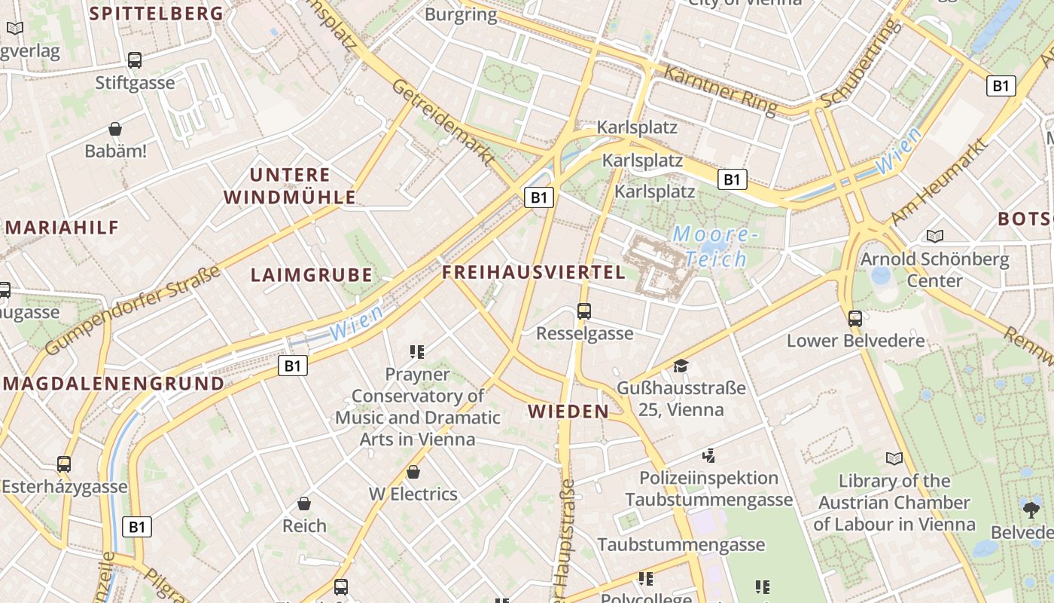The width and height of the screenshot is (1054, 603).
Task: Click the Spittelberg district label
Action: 157,13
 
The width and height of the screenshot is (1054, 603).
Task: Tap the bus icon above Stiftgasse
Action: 135,60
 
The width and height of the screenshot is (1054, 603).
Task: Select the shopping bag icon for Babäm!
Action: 115,129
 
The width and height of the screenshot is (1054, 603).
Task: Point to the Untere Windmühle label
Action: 291,186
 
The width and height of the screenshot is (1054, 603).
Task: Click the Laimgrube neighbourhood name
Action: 312,275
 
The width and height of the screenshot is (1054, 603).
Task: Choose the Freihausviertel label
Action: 534,272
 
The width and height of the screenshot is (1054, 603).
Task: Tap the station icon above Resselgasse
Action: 583,311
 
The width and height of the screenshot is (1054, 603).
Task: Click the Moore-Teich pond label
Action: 711,246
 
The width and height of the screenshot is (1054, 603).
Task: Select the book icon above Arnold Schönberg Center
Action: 935,237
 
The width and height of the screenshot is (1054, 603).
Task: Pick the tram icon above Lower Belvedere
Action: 854,318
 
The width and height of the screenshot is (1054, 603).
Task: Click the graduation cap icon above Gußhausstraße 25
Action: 681,366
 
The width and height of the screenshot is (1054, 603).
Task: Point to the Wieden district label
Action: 568,412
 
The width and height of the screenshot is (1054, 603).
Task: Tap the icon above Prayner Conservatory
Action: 417,351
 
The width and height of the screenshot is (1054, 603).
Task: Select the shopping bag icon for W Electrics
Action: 413,472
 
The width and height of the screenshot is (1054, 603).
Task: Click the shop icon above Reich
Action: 304,503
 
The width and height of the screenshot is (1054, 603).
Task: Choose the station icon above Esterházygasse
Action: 64,464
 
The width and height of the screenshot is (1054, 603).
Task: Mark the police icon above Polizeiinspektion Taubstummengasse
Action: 708,455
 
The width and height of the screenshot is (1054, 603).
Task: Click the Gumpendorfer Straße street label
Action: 132,311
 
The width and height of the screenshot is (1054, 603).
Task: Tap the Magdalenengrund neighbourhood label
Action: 114,384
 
